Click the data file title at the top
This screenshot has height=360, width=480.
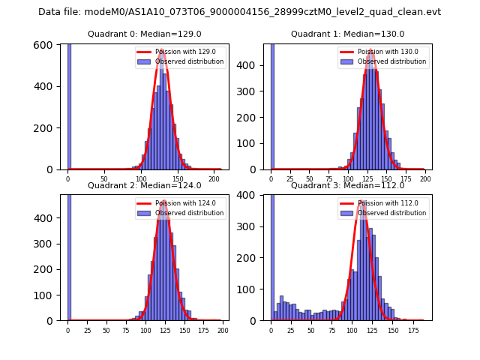pyautogui.click(x=239, y=12)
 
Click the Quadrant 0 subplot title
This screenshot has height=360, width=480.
pyautogui.click(x=145, y=34)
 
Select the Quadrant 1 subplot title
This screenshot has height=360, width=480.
pyautogui.click(x=347, y=34)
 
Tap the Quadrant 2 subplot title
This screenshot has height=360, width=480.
pyautogui.click(x=145, y=185)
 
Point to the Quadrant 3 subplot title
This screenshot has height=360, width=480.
pyautogui.click(x=347, y=185)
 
